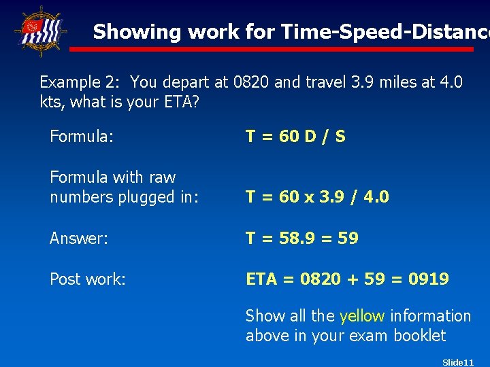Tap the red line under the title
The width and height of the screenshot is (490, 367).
point(272,49)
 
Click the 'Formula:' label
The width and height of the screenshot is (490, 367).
point(81,137)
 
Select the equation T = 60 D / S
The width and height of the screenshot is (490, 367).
point(295,137)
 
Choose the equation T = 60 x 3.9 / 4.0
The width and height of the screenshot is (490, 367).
point(317,197)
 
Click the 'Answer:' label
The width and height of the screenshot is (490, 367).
point(78,239)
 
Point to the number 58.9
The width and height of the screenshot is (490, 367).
point(291,239)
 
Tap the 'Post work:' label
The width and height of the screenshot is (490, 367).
point(88,279)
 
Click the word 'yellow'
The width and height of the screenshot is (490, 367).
point(362,316)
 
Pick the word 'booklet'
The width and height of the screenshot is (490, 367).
point(419,336)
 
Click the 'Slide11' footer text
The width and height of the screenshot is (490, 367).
point(458,362)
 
